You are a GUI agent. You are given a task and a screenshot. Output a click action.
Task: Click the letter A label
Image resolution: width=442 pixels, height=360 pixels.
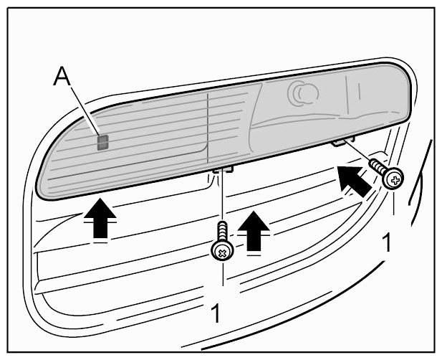62,76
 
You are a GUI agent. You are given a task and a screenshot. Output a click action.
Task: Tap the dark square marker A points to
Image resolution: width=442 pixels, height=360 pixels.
103,142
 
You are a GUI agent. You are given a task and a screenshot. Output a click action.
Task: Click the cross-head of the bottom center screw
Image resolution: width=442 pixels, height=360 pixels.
223,251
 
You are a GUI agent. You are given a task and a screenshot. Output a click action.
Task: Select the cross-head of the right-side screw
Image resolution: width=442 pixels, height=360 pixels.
393,178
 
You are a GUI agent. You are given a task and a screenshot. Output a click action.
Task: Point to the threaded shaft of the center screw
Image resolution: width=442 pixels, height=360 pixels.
223,232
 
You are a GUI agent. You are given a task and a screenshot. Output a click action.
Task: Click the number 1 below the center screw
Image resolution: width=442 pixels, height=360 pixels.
216,313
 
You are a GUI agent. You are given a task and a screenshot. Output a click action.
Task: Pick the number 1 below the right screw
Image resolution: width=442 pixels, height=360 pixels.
388,243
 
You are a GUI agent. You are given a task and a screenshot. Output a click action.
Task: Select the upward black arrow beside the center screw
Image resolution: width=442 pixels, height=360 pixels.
254,230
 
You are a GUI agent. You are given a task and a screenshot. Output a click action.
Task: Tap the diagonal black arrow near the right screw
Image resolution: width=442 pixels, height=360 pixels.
354,181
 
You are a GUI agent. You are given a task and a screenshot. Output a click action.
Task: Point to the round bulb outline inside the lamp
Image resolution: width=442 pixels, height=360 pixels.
303,93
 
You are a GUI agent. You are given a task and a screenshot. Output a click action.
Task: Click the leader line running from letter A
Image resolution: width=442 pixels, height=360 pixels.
85,111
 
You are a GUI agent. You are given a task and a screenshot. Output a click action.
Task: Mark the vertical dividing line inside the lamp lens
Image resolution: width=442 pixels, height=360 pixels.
208,128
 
